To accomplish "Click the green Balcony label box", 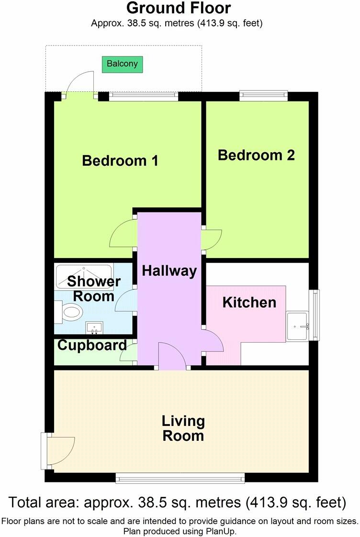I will (x=123, y=64).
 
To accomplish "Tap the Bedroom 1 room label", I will (x=120, y=160).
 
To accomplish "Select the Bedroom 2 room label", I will (x=256, y=155).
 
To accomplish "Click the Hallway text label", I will (x=169, y=271).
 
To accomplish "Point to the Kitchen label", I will (x=249, y=302).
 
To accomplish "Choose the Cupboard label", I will (x=92, y=345).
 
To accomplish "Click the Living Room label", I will (x=183, y=428).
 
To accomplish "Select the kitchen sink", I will (x=297, y=326).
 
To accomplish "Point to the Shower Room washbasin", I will (x=95, y=328).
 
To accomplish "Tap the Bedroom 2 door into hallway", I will (x=211, y=238).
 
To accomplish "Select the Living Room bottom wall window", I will (x=180, y=477).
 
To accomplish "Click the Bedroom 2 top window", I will (x=264, y=95).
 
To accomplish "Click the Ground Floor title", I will (x=179, y=8).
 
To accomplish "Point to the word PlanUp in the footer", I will (x=221, y=531).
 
